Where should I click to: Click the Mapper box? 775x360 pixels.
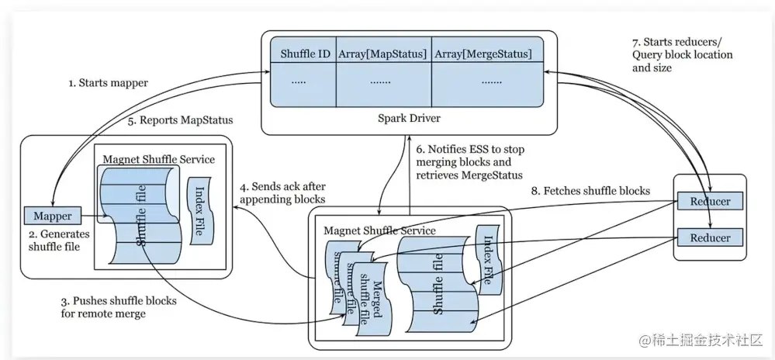pos(53,216)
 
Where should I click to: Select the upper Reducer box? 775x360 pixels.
pos(711,201)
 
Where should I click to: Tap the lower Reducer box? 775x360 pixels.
pos(711,237)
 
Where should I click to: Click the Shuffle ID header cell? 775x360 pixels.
pos(303,54)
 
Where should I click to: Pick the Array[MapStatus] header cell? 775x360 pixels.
pos(383,54)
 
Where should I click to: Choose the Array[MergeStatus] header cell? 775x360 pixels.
pos(487,54)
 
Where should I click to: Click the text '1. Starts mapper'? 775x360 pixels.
pos(109,83)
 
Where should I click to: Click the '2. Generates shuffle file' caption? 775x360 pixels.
pos(54,239)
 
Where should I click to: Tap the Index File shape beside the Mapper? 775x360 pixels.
pos(200,211)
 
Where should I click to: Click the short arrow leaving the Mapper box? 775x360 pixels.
pos(94,216)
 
